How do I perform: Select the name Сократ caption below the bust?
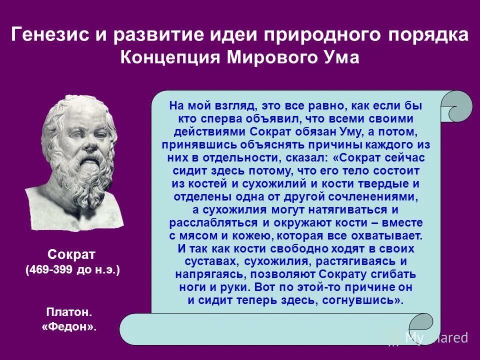click(72, 253)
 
